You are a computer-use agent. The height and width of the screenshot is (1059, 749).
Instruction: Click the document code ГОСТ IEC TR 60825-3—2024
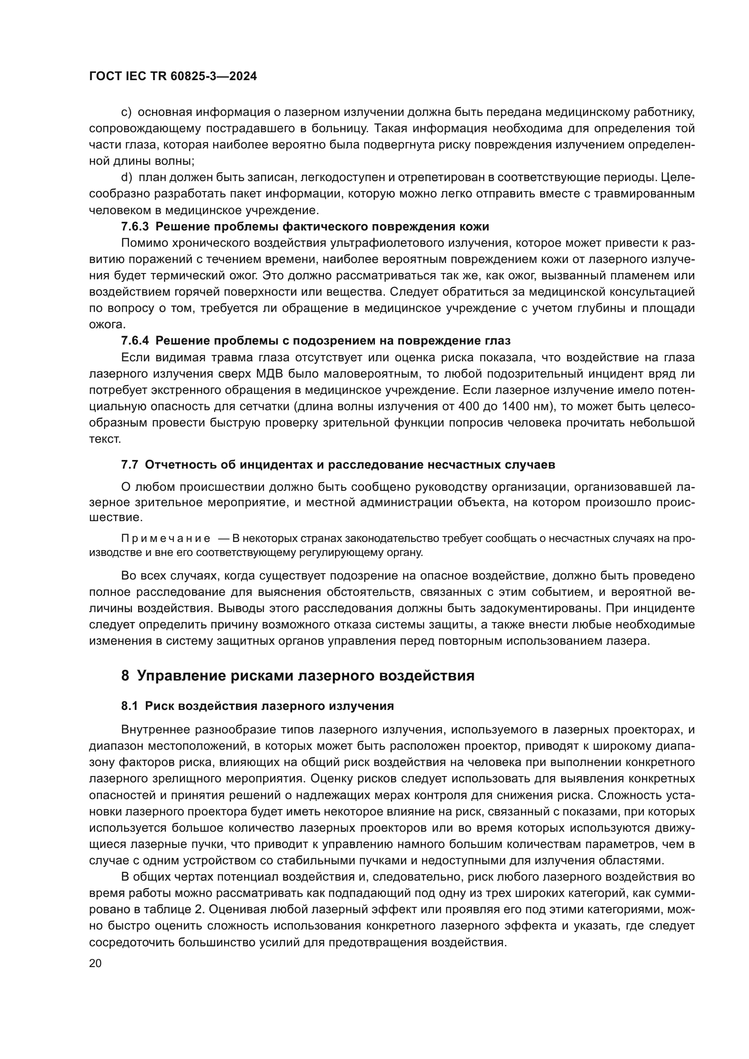coord(173,77)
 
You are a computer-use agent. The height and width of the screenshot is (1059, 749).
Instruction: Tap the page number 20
coord(95,963)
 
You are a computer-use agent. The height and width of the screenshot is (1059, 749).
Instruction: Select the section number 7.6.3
coord(134,227)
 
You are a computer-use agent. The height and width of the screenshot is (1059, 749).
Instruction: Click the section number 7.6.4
coord(134,341)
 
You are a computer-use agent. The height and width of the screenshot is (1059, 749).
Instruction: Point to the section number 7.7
coord(130,465)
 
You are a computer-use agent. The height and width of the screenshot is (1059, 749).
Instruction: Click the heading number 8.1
coord(130,706)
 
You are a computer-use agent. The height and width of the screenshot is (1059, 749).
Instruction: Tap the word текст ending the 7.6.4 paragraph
coord(104,439)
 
